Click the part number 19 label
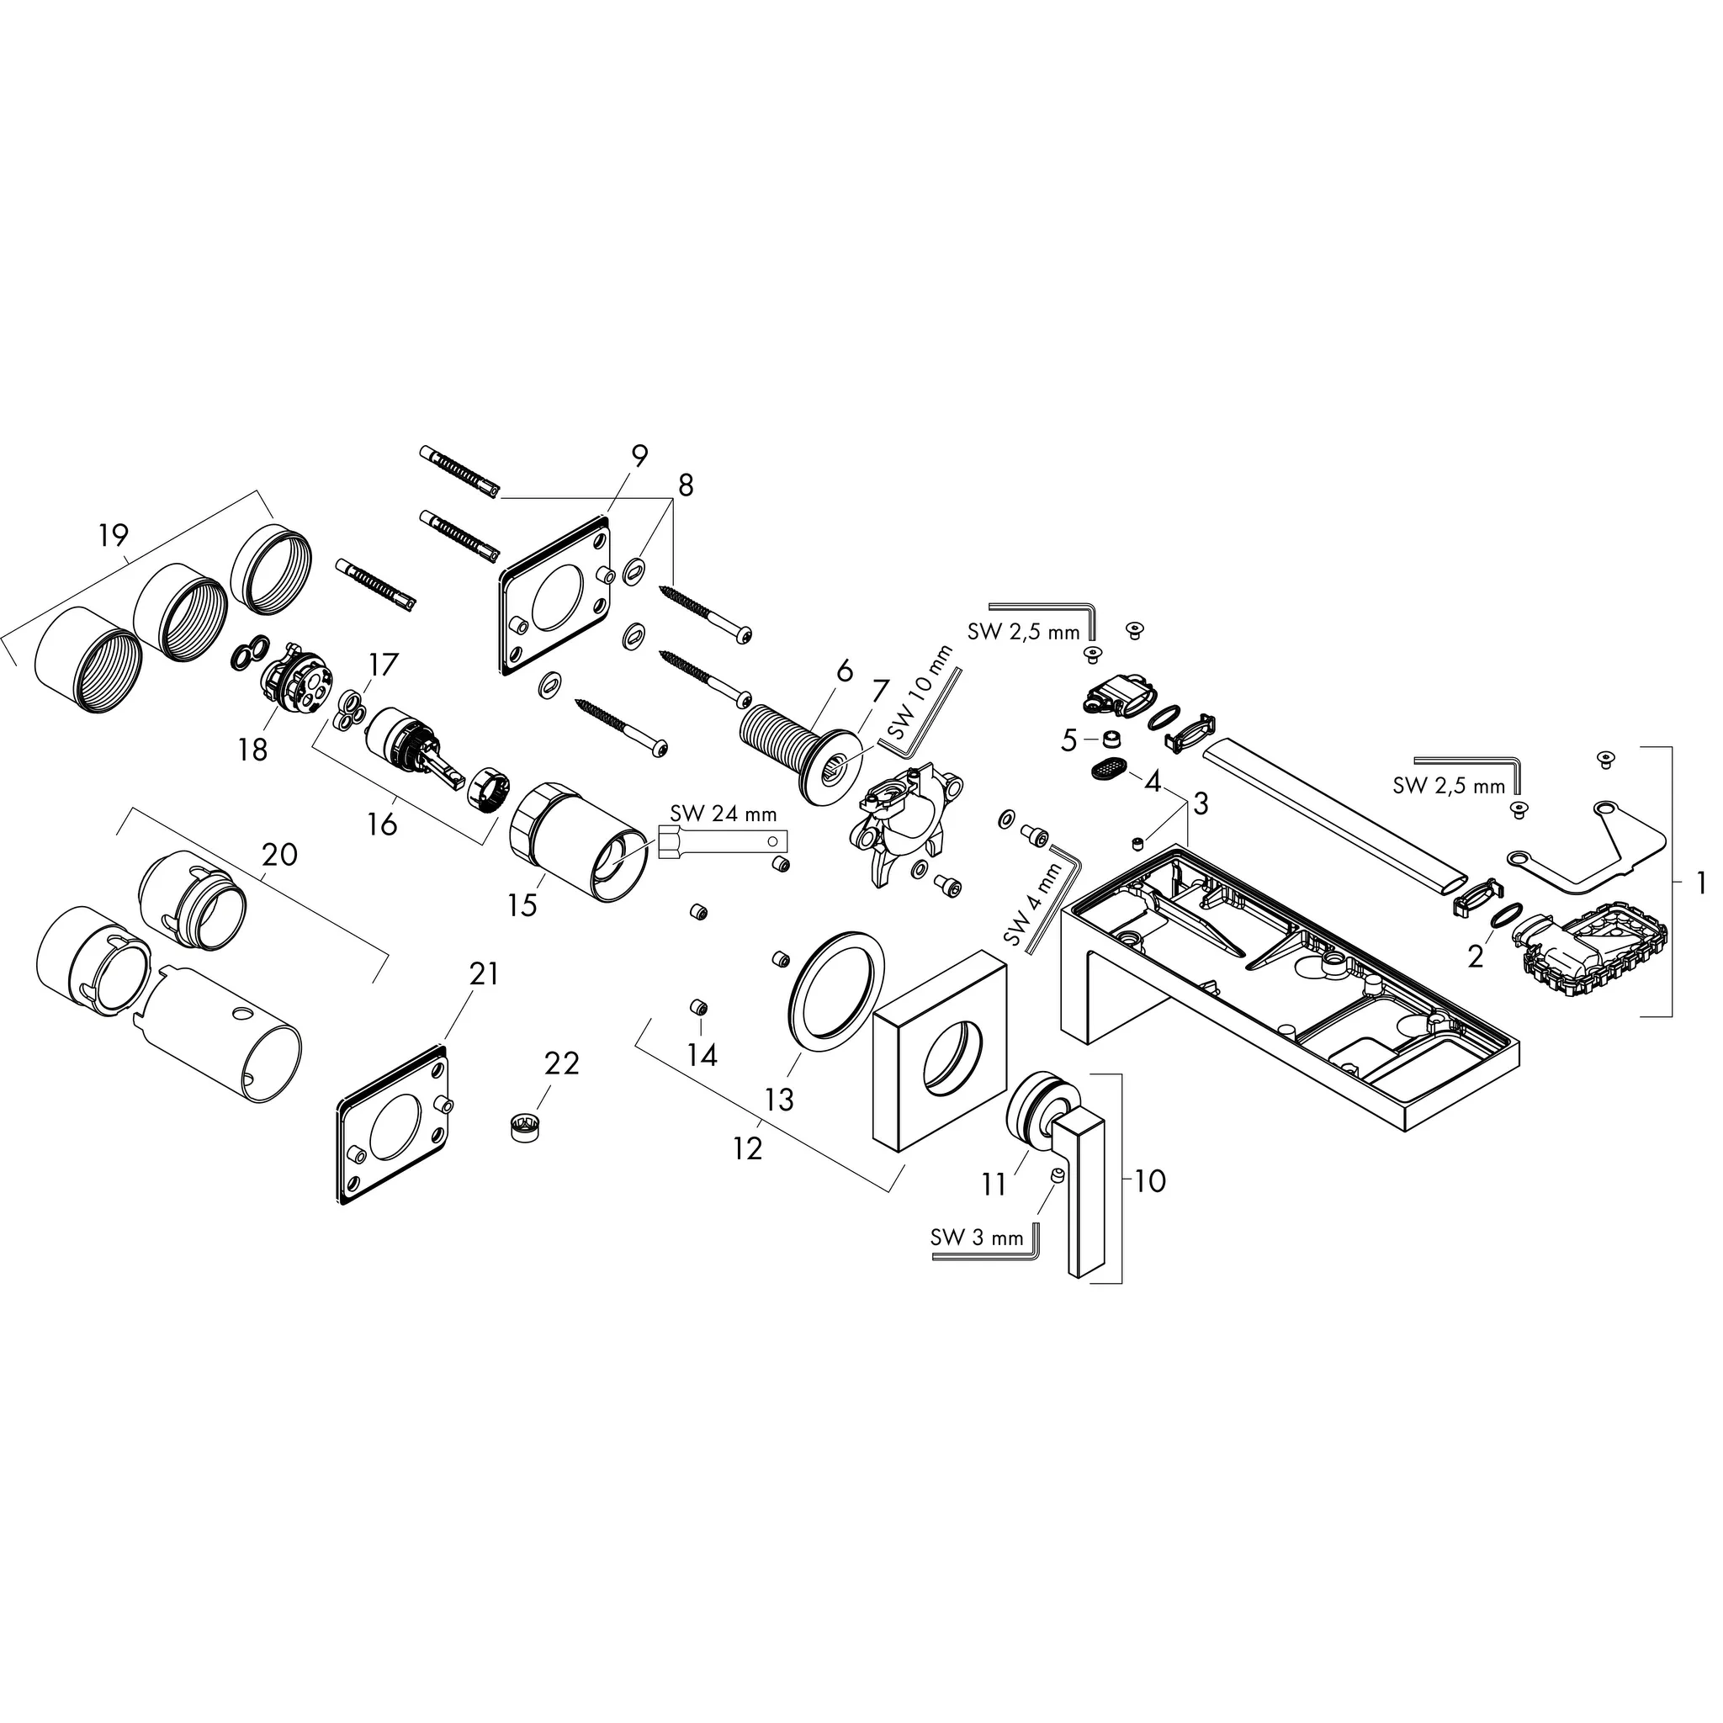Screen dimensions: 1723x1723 coord(114,537)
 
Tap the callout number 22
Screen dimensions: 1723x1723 coord(562,1064)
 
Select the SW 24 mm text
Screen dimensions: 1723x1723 coord(724,814)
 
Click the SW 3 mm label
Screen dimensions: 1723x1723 coord(977,1238)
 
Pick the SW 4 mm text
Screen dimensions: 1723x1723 coord(1034,905)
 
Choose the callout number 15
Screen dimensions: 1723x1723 coord(522,906)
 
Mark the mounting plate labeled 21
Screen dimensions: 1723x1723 coord(391,1127)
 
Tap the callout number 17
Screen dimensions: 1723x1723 coord(384,665)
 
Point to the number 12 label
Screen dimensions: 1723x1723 coord(747,1148)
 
